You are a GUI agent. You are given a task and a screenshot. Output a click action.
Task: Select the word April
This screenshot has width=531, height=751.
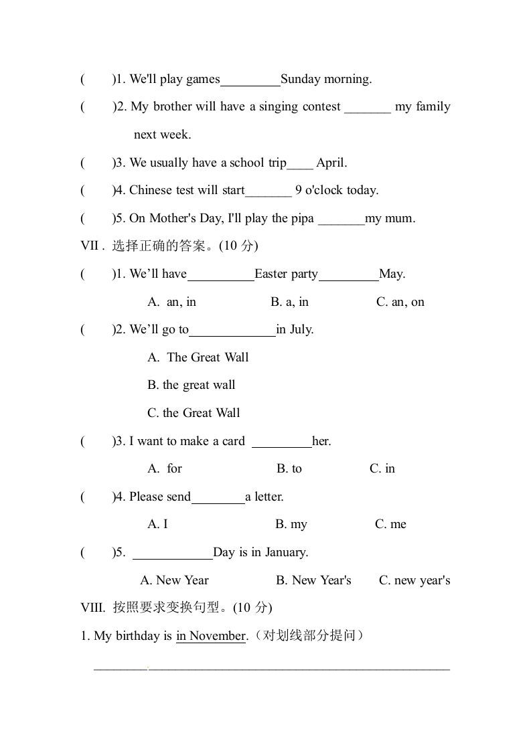tap(331, 163)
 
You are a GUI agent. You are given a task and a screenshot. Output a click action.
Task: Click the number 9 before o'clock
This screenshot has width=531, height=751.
tap(299, 190)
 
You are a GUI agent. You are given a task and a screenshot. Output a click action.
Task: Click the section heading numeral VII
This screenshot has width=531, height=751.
tap(90, 246)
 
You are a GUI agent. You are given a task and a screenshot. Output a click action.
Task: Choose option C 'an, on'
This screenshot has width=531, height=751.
tap(400, 302)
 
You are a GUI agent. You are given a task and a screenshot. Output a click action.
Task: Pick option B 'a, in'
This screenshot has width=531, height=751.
tap(289, 302)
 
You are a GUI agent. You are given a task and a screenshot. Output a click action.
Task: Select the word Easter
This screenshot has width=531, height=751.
tap(271, 274)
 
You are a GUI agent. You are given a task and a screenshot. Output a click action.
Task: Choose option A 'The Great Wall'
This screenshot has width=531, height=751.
tap(198, 357)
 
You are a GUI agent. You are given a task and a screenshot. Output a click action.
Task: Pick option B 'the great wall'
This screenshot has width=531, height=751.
tap(192, 385)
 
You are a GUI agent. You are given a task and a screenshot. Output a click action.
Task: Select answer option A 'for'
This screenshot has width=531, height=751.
tap(165, 469)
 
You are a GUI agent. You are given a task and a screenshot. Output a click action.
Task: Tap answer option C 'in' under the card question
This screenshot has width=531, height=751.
tap(382, 469)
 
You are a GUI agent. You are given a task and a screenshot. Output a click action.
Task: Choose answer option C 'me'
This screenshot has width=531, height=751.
tap(390, 524)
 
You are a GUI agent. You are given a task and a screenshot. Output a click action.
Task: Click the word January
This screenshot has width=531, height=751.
tap(286, 552)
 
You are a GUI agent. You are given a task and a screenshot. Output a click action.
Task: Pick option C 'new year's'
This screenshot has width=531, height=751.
tap(414, 580)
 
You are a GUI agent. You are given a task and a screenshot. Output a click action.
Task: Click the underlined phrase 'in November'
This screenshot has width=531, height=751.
tap(211, 636)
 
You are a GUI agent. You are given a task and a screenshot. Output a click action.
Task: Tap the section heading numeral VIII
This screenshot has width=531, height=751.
tap(92, 608)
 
